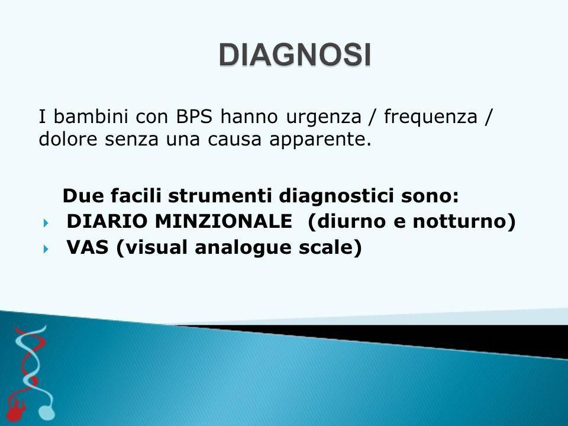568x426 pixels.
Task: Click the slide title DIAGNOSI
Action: click(x=295, y=55)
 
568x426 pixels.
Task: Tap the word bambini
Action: click(x=91, y=117)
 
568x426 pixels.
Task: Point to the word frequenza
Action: click(x=431, y=117)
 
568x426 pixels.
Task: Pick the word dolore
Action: click(x=67, y=139)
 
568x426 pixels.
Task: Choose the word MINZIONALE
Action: click(x=224, y=221)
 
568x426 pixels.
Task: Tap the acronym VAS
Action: click(x=88, y=247)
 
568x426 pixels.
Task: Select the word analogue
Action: click(x=243, y=248)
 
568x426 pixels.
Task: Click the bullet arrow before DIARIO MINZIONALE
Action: click(x=46, y=223)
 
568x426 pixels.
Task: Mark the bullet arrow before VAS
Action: click(x=46, y=249)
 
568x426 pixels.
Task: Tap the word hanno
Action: click(x=249, y=117)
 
